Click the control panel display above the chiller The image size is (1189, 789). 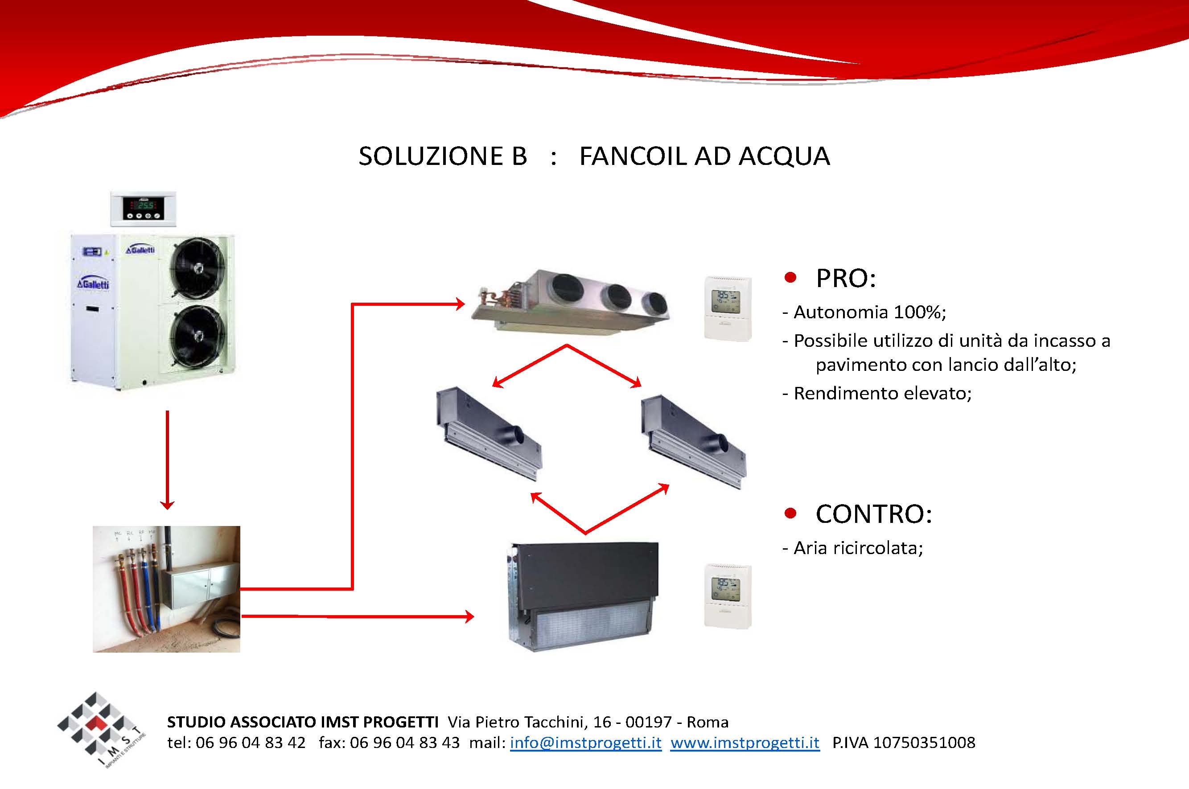pos(144,208)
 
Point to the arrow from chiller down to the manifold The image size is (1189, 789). pos(167,460)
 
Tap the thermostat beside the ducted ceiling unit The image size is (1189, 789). pos(728,308)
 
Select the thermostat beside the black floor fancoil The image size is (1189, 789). pos(728,596)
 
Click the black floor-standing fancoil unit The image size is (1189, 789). pos(583,596)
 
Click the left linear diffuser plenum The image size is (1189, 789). pos(489,433)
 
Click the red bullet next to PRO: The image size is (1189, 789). pos(790,278)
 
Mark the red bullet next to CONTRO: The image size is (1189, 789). pos(790,513)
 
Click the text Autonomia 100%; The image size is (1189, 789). pos(864,312)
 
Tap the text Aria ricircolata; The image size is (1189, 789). pos(853,548)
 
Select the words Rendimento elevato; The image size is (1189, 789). pos(877,393)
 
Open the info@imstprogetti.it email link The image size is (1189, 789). pos(586,743)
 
